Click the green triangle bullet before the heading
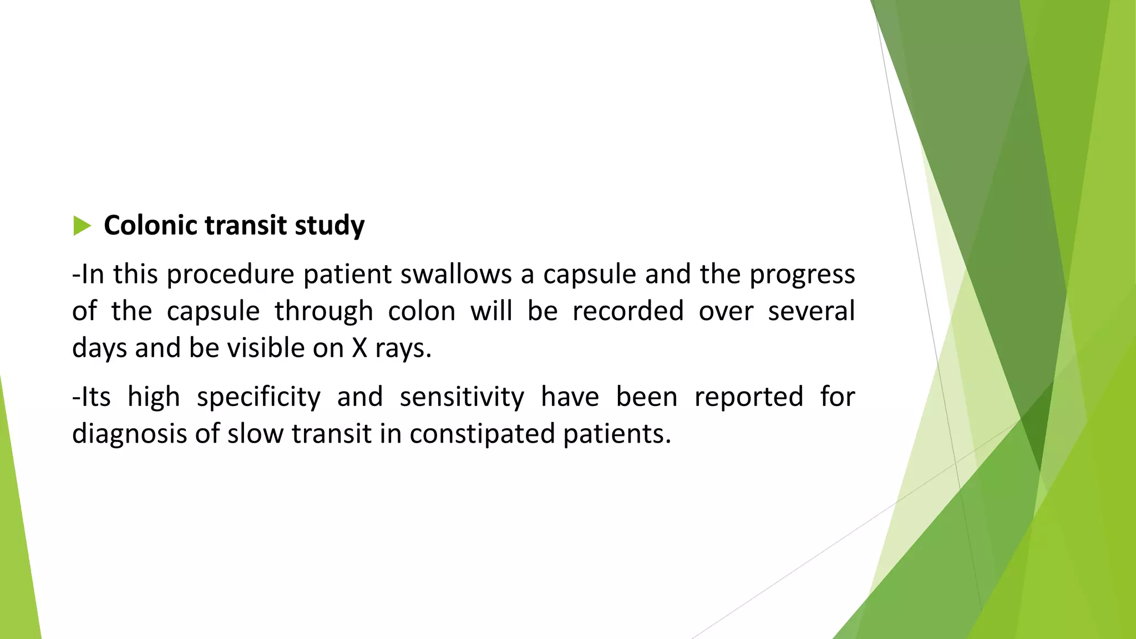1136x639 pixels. point(82,226)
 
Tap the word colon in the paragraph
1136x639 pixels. point(422,311)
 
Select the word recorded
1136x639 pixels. point(627,311)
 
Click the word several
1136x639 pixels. point(811,311)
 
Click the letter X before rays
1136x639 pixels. point(359,348)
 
